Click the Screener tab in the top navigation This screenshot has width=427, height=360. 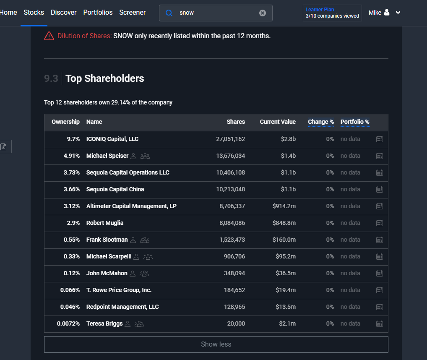[x=133, y=13]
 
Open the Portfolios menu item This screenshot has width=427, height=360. [x=98, y=13]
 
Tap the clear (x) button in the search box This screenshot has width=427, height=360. [x=263, y=13]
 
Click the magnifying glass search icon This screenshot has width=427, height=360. [x=169, y=13]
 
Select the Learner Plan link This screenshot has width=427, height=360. [x=320, y=10]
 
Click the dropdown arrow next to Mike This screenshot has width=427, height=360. [x=398, y=13]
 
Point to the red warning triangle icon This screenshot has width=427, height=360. [x=49, y=36]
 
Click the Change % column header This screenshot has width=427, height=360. [x=321, y=122]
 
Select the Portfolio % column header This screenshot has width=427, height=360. [x=355, y=122]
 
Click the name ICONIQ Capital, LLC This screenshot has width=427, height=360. [x=112, y=139]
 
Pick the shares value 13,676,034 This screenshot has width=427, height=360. [x=230, y=156]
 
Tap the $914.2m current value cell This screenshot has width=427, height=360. [x=284, y=206]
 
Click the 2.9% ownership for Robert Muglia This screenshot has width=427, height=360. [x=73, y=223]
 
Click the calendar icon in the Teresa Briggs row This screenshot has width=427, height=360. [x=379, y=324]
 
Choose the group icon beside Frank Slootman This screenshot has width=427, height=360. [x=145, y=240]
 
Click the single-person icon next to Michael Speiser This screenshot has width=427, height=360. [x=133, y=156]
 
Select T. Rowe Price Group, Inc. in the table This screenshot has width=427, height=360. [x=119, y=290]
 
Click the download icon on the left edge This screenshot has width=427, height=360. [x=3, y=147]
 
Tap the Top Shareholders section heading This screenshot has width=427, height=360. [x=104, y=78]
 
